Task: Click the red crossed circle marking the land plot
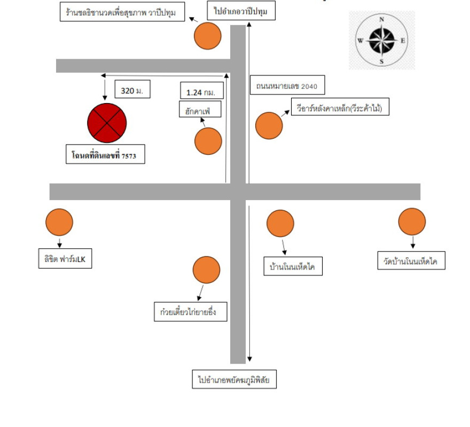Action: coord(107,123)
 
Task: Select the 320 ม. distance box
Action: coord(132,89)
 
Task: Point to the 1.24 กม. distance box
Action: coord(202,90)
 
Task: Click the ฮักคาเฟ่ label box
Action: coord(200,109)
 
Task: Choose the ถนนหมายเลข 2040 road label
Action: coord(287,85)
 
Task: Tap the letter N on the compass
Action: coord(381,19)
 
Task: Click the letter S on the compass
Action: coord(381,61)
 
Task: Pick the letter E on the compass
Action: coord(403,41)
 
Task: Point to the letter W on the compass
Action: coord(361,41)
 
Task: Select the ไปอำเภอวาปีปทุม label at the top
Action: coord(241,11)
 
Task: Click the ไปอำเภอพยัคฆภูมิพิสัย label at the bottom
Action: coord(234,379)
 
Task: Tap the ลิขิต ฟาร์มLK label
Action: coord(65,258)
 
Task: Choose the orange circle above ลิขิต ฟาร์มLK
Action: coord(59,222)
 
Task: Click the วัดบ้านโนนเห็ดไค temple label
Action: coord(411,260)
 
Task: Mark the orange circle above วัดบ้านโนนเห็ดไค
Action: coord(412,222)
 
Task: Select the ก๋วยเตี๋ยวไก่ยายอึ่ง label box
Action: coord(190,312)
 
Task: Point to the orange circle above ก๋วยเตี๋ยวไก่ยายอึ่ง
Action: coord(206,270)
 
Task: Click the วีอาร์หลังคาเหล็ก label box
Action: coord(340,106)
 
